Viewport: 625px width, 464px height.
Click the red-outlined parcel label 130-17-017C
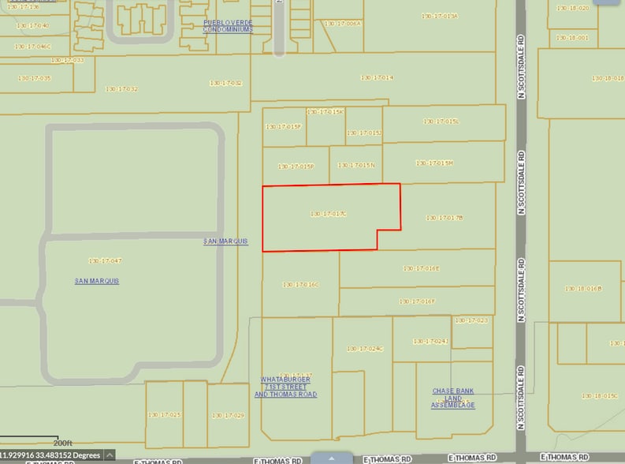click(x=329, y=214)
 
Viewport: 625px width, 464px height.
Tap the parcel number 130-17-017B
click(x=444, y=218)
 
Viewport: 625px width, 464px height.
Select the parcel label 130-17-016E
click(x=421, y=268)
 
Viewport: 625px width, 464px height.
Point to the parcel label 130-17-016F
click(x=417, y=301)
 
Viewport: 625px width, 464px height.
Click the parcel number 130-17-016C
click(x=300, y=284)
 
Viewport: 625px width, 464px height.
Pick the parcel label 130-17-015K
click(x=326, y=112)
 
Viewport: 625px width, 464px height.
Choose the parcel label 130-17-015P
click(x=296, y=167)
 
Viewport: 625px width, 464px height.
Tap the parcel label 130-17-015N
click(x=356, y=165)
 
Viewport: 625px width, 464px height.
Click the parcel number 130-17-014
click(x=377, y=77)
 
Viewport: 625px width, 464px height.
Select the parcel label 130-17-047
click(x=105, y=260)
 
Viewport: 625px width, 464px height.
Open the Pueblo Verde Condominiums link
click(x=228, y=26)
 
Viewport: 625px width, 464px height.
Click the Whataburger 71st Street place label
click(x=285, y=387)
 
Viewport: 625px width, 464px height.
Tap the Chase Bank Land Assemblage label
click(x=453, y=398)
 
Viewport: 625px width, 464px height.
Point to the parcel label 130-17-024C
click(x=364, y=348)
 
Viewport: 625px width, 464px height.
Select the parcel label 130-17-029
click(x=228, y=415)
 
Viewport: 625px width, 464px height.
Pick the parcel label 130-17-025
click(x=164, y=415)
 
